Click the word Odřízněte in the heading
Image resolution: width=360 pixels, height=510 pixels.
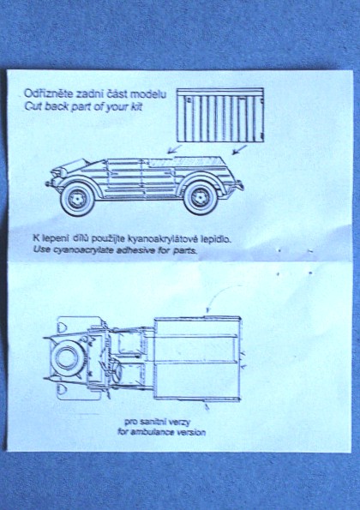(x=49, y=94)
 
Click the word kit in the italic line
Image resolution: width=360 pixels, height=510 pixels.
(x=137, y=107)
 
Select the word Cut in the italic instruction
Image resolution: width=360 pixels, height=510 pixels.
(x=33, y=106)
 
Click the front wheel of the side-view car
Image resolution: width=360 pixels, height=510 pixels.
(x=77, y=198)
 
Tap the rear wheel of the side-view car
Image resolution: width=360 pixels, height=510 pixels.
(x=200, y=198)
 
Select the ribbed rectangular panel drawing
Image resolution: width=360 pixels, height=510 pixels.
(x=220, y=115)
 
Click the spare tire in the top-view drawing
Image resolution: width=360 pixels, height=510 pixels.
(x=67, y=357)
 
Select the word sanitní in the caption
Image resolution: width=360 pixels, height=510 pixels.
(x=153, y=423)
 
